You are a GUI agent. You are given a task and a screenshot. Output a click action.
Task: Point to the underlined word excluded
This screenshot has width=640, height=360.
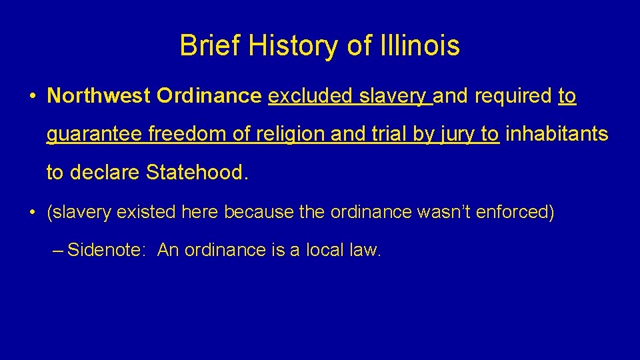click(311, 97)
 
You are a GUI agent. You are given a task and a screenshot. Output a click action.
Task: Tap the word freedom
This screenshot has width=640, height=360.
click(189, 135)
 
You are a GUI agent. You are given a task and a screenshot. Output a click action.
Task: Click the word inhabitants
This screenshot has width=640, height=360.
click(557, 135)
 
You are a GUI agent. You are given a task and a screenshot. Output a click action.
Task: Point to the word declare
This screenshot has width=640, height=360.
click(105, 173)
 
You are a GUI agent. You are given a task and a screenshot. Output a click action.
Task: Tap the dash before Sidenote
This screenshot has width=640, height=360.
click(57, 251)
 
